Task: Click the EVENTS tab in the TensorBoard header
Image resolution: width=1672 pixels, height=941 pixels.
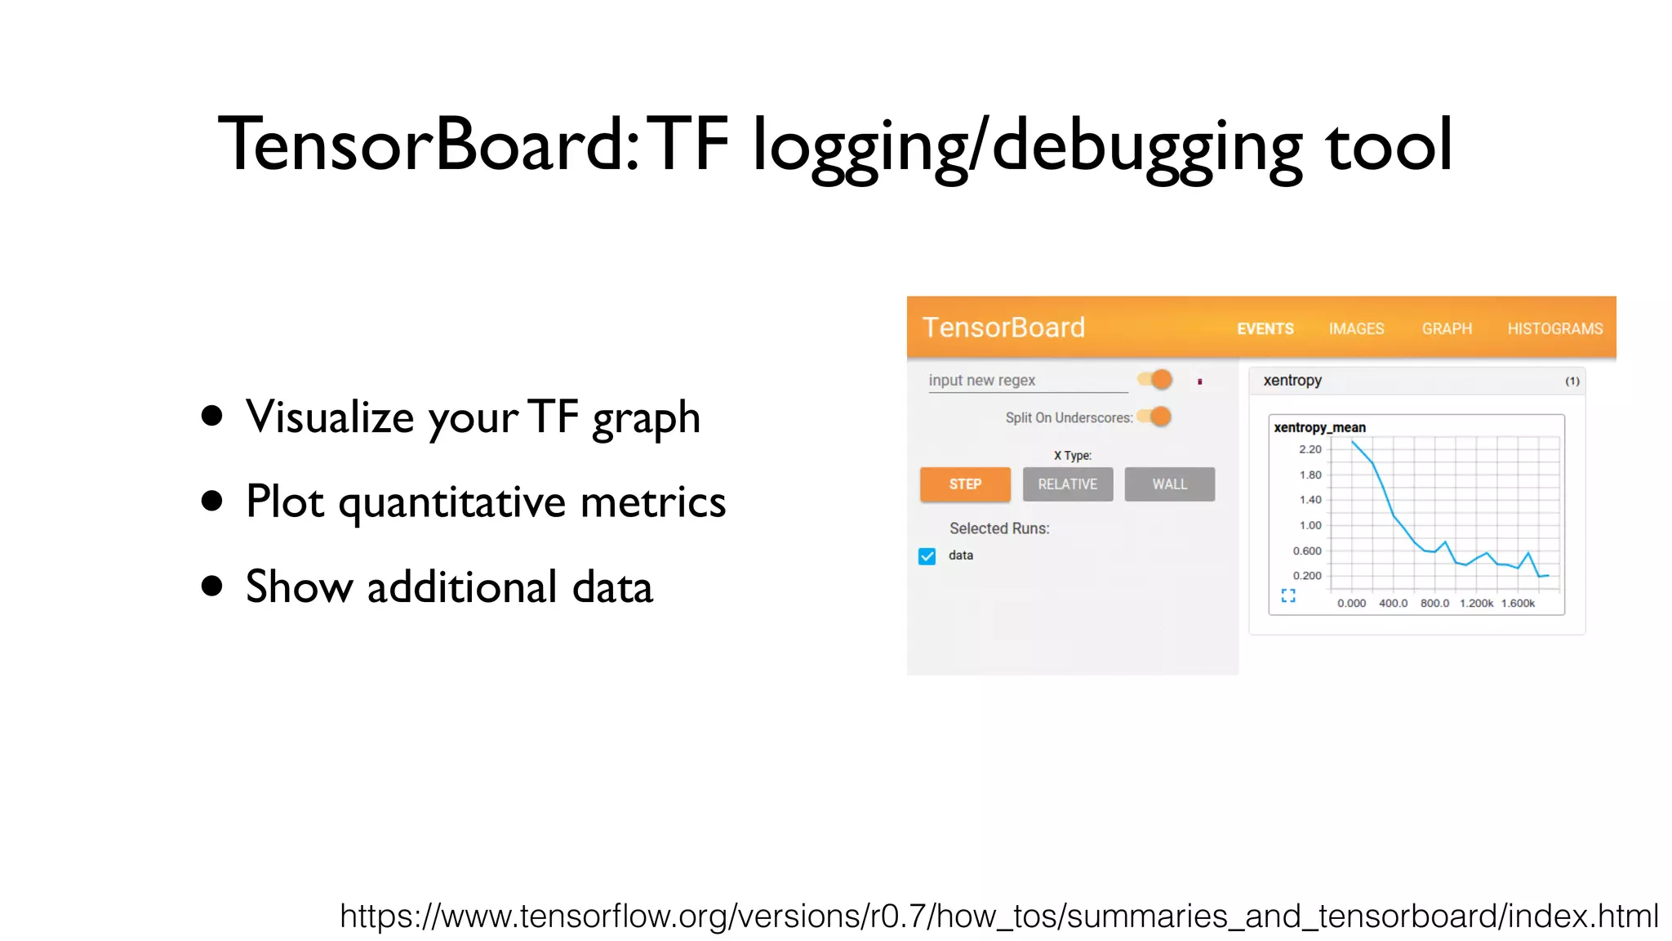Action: (x=1265, y=328)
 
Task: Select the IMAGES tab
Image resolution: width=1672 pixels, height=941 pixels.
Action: (x=1356, y=328)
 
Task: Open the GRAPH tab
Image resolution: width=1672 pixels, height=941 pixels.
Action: (x=1447, y=328)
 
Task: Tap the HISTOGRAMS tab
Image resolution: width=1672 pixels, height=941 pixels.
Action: (x=1554, y=328)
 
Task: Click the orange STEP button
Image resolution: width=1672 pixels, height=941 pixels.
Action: (x=965, y=484)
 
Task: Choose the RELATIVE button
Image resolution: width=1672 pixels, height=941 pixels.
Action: (x=1067, y=484)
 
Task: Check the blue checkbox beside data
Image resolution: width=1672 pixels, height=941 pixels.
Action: (x=927, y=556)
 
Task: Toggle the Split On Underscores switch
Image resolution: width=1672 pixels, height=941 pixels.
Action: (x=1155, y=417)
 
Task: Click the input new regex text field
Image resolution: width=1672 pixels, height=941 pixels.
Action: (x=1027, y=381)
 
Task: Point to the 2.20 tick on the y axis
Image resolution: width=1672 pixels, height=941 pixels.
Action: (x=1310, y=449)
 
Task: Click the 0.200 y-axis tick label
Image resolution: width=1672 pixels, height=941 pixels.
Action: (x=1306, y=576)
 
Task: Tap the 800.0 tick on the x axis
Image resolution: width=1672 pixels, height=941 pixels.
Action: (x=1434, y=604)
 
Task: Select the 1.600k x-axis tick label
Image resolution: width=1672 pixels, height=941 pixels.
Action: (x=1518, y=604)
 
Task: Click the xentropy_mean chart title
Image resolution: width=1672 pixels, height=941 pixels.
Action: (x=1319, y=427)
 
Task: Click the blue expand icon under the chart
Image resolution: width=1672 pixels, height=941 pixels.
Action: (x=1288, y=595)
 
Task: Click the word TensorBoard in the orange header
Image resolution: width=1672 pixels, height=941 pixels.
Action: (x=1003, y=328)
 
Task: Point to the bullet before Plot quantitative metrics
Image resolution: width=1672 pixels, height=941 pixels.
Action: (x=212, y=501)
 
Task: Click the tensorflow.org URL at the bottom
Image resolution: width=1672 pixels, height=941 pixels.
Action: (x=998, y=916)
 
